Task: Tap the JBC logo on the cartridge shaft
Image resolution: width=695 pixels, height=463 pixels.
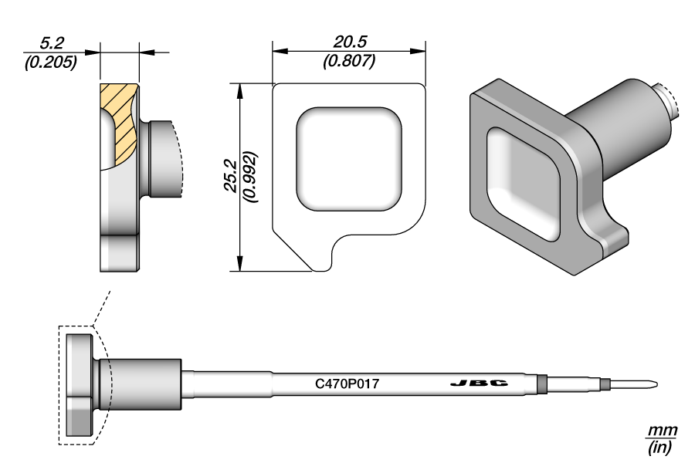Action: point(479,384)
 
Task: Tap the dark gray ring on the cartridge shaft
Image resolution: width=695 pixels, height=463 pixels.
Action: point(541,384)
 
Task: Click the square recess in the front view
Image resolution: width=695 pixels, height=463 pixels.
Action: point(349,159)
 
